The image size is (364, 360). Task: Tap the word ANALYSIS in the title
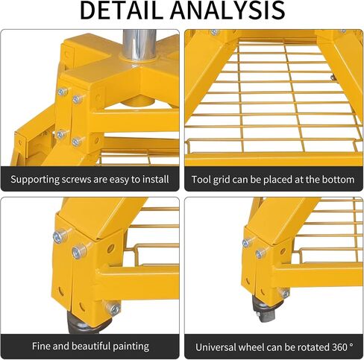point(228,10)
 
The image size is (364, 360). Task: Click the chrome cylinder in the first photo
point(139,45)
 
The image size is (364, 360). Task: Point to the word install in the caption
point(156,179)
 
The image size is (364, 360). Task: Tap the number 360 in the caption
point(339,347)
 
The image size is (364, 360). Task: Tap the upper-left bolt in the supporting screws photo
point(63,92)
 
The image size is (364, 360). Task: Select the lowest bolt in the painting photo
point(113,309)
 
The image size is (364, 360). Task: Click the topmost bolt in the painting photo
point(60,236)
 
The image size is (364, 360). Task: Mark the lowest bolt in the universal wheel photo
point(286,294)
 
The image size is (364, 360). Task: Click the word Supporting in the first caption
point(34,180)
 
